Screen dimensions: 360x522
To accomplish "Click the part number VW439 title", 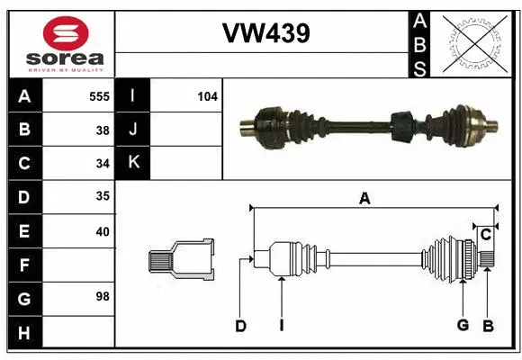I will pos(265,33).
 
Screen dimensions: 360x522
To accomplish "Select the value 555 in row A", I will pos(100,94).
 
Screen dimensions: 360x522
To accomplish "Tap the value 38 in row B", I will pos(103,130).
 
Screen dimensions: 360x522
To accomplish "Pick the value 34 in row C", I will pos(103,164).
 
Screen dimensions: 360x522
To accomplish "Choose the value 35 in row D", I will pos(103,197).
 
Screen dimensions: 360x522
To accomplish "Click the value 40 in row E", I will pos(103,231).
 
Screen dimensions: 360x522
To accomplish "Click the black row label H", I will pos(24,332).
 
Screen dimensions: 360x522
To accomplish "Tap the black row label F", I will pos(24,265).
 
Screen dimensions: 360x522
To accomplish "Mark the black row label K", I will pos(133,163).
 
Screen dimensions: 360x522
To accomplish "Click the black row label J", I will pos(133,130).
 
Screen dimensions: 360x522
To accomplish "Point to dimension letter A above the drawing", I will pos(364,199).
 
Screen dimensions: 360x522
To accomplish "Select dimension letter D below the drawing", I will pos(240,326).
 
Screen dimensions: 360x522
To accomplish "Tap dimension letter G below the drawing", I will pos(463,325).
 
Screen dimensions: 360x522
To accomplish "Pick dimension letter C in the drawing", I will pos(485,235).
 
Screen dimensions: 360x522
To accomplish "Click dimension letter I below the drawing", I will pos(281,326).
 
